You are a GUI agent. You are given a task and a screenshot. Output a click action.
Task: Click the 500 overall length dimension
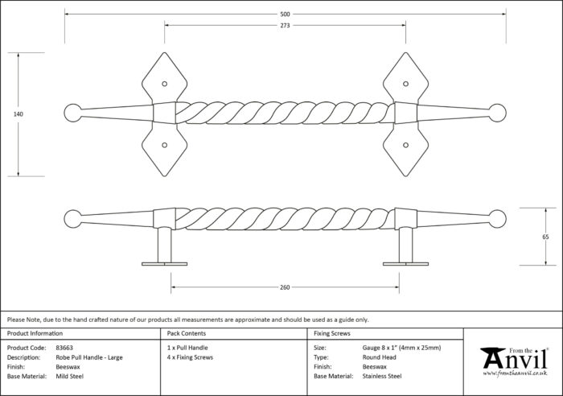tap(285, 14)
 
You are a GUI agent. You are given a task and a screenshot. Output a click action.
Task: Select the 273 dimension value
tap(285, 26)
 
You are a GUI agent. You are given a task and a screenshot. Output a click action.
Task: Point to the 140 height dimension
tap(18, 114)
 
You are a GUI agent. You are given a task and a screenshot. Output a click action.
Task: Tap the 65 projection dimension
tap(545, 237)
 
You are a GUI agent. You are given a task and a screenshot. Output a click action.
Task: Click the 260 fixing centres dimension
tap(285, 287)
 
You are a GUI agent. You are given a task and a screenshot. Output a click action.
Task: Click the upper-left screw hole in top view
tap(164, 84)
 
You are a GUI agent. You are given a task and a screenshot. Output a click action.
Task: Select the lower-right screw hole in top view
tap(405, 145)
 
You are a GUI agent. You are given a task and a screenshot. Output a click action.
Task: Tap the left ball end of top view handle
tap(73, 113)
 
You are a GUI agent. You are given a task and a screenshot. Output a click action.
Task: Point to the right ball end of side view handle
tap(497, 219)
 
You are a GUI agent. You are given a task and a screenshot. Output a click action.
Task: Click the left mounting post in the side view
tap(165, 245)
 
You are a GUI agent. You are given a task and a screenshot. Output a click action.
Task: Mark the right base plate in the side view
tap(405, 264)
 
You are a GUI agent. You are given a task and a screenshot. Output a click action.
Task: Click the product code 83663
tap(64, 348)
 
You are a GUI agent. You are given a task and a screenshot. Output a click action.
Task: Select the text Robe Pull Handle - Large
tap(89, 357)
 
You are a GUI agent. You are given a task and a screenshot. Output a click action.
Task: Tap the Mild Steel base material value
tap(70, 376)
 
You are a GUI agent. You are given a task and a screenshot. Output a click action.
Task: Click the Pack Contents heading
tap(187, 333)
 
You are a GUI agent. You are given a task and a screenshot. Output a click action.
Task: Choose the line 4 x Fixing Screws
tap(190, 357)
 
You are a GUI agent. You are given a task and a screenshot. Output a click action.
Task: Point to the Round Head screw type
tap(379, 357)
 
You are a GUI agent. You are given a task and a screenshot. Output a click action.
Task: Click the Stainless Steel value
tap(382, 376)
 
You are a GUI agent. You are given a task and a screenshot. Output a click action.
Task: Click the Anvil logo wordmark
tap(516, 359)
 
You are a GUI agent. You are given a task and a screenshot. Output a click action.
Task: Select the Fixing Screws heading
tap(332, 333)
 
